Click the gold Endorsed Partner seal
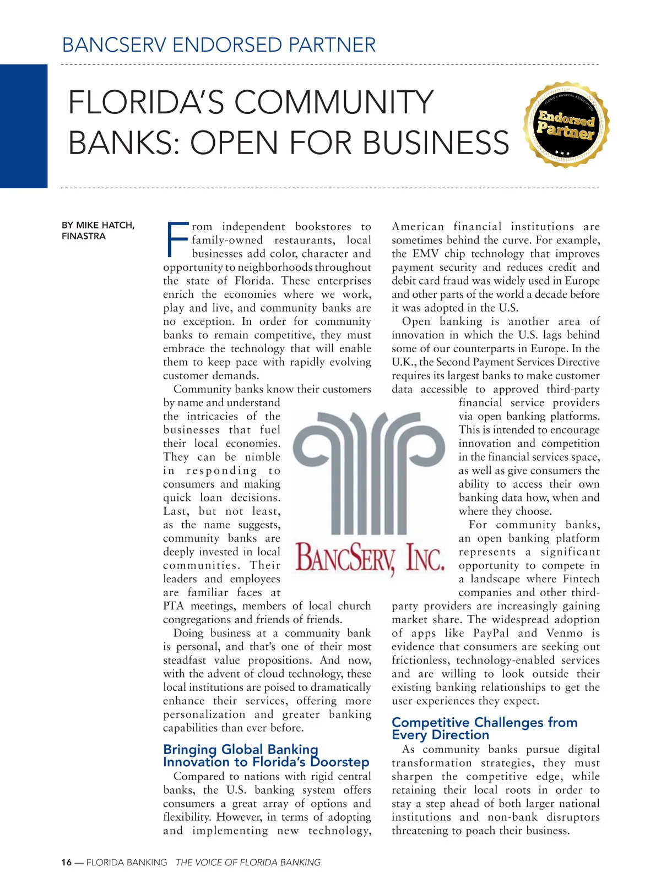tap(566, 125)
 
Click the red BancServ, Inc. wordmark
tap(370, 557)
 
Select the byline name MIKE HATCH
tap(105, 225)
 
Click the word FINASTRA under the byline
tap(83, 236)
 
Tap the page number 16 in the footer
tap(66, 863)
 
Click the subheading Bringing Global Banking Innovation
tap(266, 756)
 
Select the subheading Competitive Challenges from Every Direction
tap(484, 728)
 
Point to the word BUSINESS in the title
tap(436, 143)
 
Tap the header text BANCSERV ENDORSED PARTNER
tap(219, 45)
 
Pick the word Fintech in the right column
tap(581, 579)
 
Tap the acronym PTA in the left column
tap(174, 606)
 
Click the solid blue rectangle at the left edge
tap(23, 126)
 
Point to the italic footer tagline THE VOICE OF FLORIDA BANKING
tap(248, 863)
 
